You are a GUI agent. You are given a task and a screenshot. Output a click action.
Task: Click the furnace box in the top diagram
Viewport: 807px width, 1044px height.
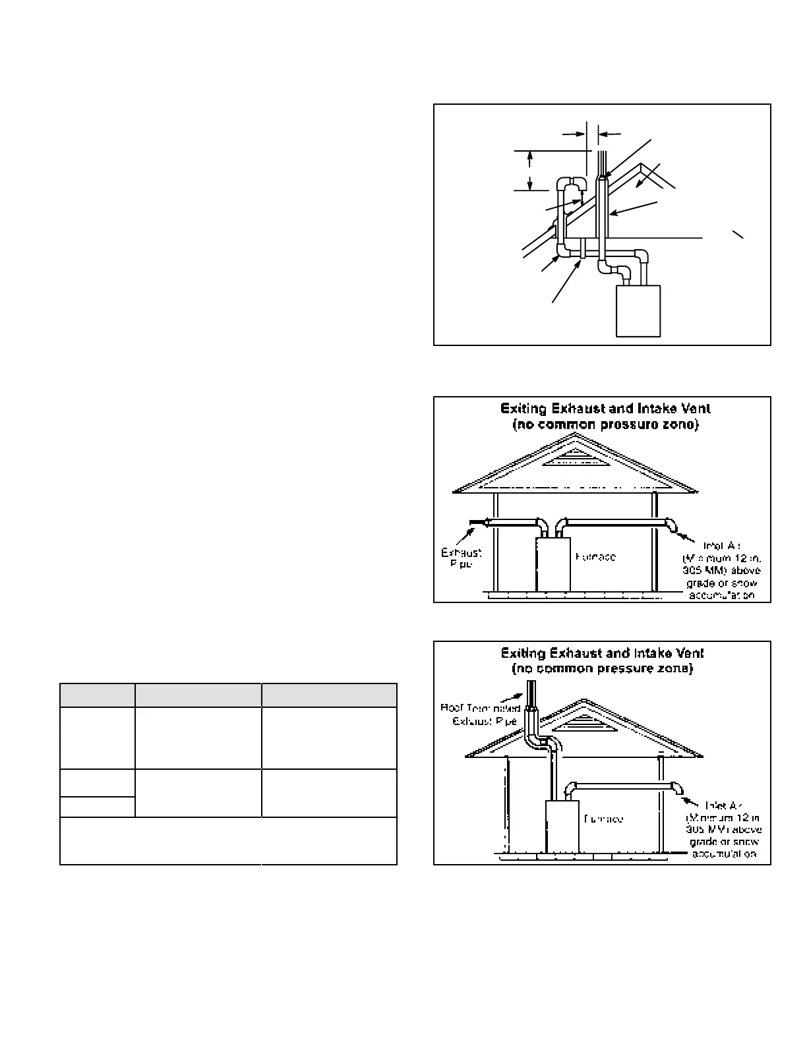tap(638, 310)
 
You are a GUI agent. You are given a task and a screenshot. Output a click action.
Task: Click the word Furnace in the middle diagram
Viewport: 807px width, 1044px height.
tap(595, 557)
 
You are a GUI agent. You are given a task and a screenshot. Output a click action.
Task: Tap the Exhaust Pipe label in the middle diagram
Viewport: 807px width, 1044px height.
tap(461, 558)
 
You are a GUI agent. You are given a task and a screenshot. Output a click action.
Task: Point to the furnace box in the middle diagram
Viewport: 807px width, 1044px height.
tap(553, 564)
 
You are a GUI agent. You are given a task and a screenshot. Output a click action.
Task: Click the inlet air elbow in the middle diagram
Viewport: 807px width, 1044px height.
tap(671, 525)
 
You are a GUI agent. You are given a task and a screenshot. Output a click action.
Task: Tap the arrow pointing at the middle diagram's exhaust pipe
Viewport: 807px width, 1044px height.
tap(475, 525)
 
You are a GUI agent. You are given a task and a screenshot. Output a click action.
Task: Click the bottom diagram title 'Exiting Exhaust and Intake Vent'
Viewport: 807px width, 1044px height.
tap(602, 653)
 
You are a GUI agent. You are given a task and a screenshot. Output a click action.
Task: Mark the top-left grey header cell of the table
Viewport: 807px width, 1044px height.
tap(97, 695)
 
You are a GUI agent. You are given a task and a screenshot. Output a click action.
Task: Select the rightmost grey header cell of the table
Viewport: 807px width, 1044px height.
tap(329, 695)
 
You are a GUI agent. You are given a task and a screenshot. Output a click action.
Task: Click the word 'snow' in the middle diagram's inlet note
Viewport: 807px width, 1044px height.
tap(744, 584)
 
